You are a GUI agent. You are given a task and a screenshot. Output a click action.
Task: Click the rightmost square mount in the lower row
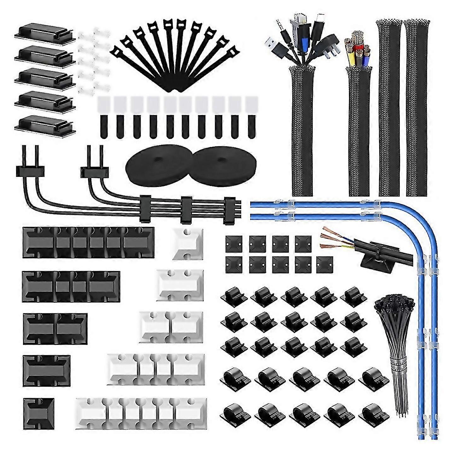click(324, 265)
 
